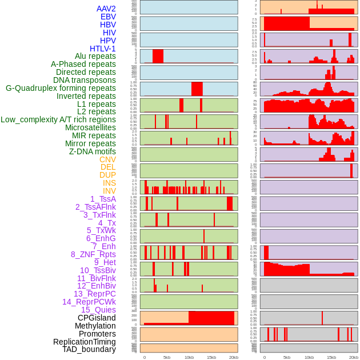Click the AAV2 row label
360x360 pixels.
106,9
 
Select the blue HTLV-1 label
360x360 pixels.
102,49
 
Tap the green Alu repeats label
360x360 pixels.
95,57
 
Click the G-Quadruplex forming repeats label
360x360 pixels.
61,89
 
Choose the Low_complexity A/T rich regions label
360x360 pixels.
58,119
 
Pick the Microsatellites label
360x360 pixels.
90,127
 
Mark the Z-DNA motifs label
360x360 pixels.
92,151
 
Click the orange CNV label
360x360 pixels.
107,159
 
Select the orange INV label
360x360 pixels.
109,191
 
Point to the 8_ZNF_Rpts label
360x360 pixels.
93,254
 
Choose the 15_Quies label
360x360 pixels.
98,310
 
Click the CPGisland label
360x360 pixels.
97,318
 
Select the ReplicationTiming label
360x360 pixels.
84,342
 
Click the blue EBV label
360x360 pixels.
108,17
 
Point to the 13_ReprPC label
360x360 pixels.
94,294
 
